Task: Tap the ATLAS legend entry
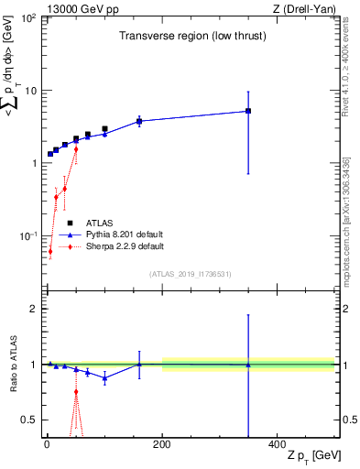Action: tap(99, 223)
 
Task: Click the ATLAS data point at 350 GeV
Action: tap(248, 111)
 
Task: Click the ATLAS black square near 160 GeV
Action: tap(139, 121)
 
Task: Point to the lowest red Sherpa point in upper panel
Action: tap(50, 251)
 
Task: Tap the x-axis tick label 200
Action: tap(162, 444)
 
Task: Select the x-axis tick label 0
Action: tap(47, 444)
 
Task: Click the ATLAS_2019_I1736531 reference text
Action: tap(191, 274)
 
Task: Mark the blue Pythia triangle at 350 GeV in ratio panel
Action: tap(248, 365)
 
